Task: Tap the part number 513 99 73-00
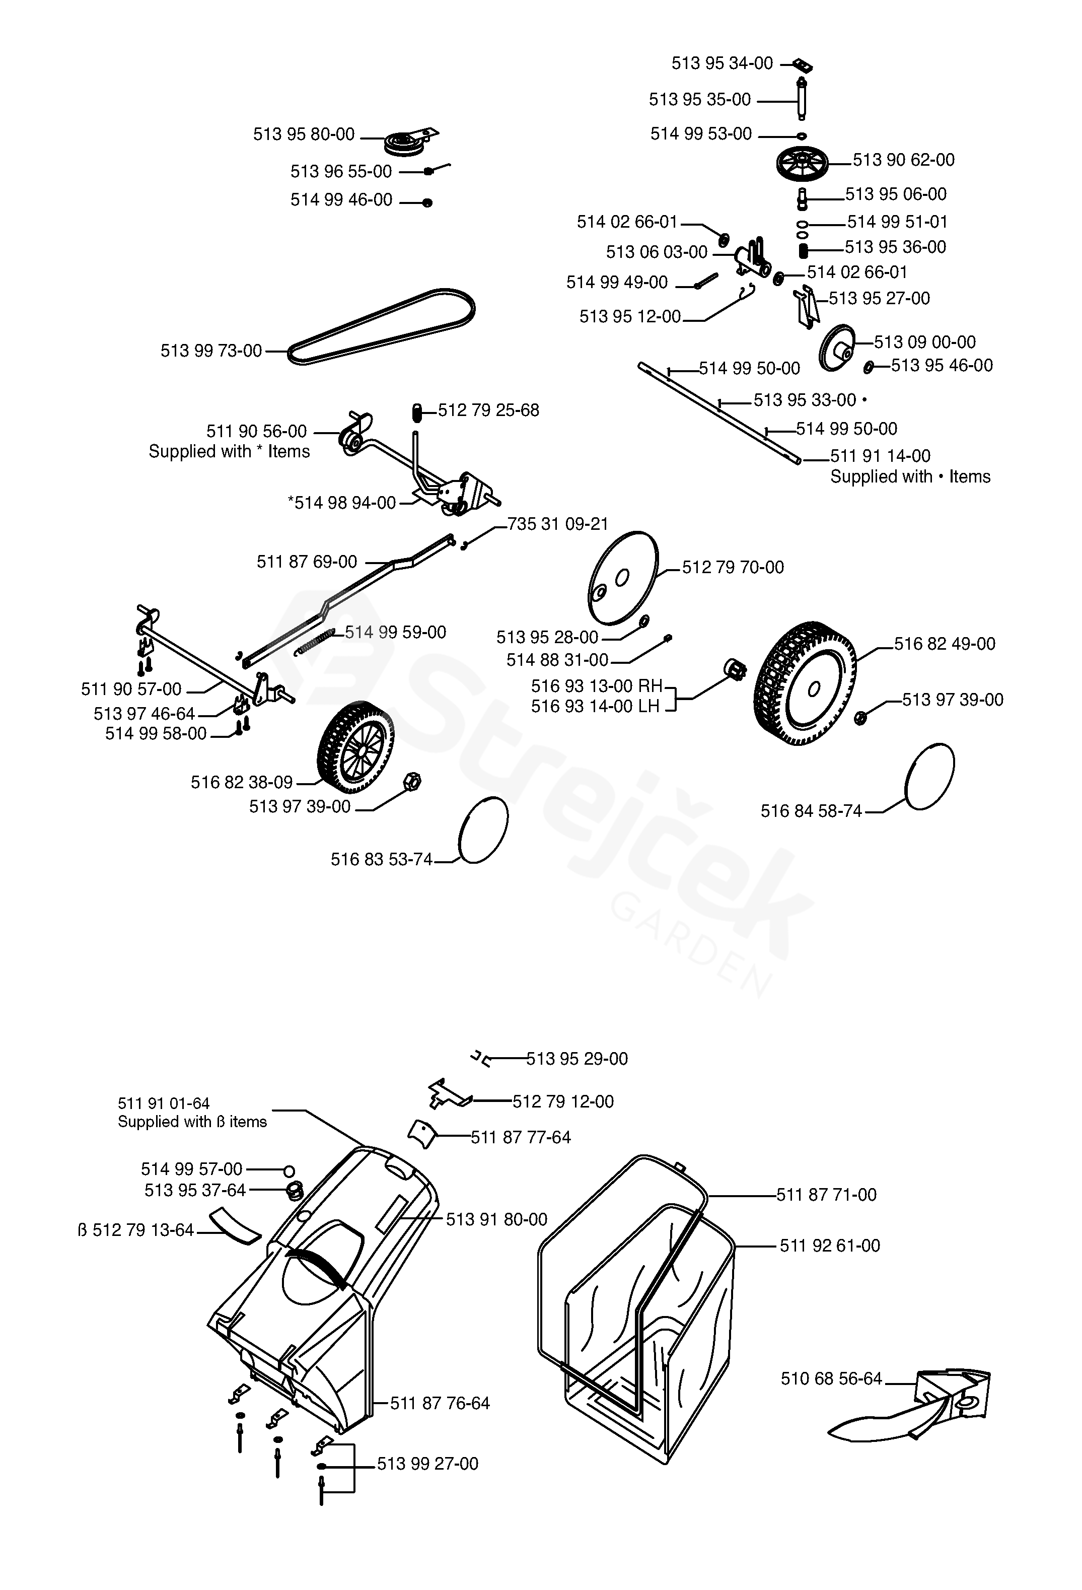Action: (211, 351)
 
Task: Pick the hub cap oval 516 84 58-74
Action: (929, 777)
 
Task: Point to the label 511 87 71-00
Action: (826, 1195)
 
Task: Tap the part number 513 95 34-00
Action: (722, 63)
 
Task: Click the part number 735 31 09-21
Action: (557, 524)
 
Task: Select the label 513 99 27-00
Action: (427, 1464)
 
